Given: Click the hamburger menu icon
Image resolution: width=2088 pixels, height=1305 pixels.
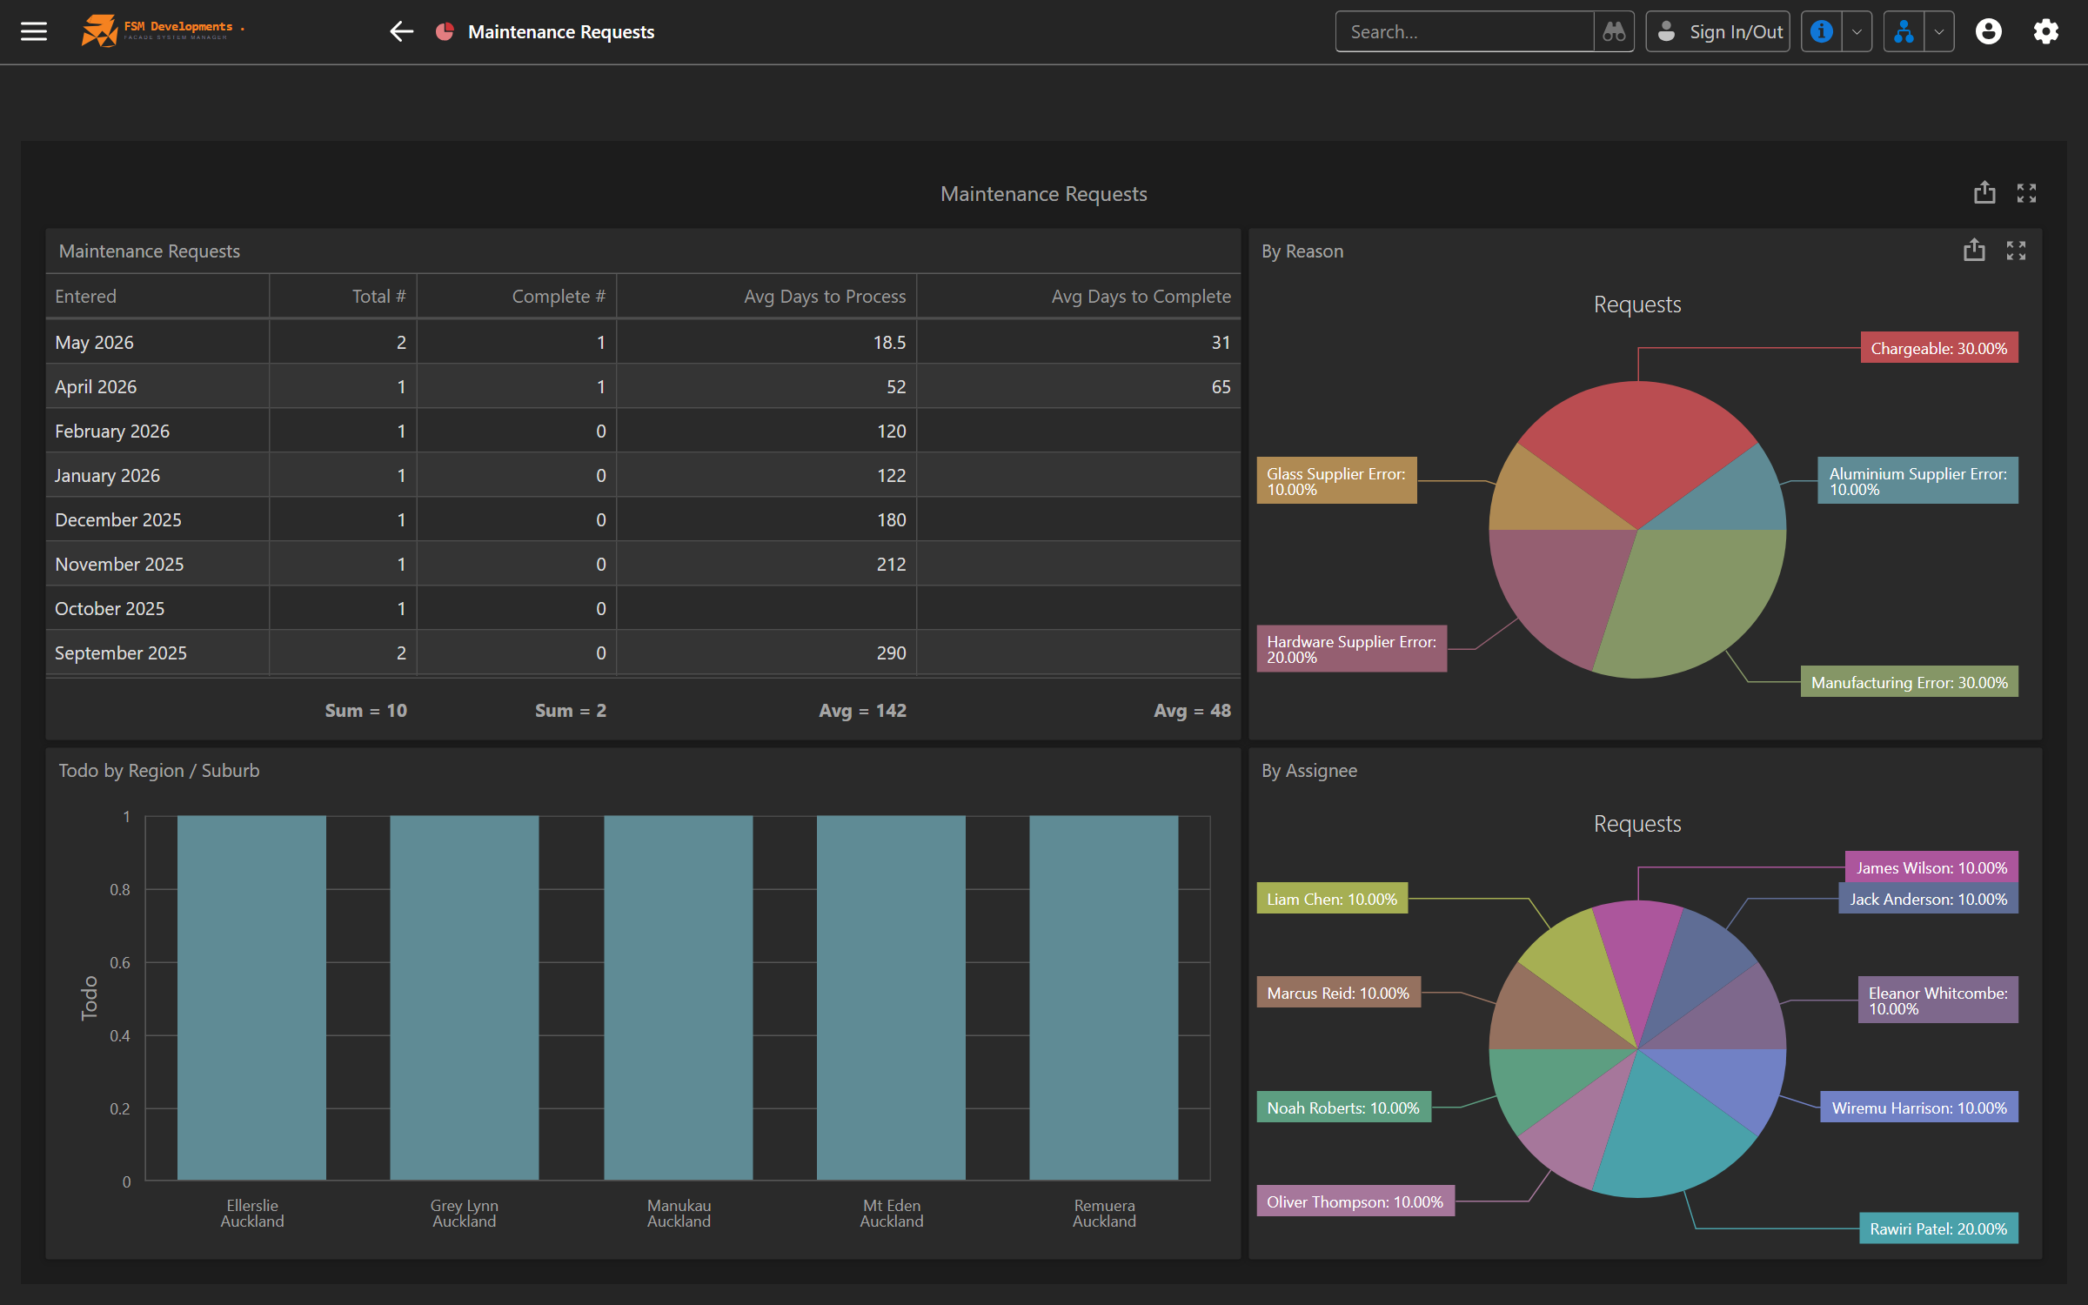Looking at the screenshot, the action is pos(34,32).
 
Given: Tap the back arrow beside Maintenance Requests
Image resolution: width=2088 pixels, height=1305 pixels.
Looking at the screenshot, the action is pos(401,32).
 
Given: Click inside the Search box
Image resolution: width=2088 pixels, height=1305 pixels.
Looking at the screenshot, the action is pos(1464,32).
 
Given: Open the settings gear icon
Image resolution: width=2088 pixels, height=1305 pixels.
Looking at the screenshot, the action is pos(2045,32).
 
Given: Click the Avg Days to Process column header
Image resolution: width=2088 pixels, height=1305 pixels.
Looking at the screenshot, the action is pos(824,297).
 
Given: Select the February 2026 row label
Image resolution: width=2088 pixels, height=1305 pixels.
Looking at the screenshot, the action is pos(112,432).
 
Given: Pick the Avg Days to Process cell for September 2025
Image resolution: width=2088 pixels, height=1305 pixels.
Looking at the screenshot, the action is pos(891,653).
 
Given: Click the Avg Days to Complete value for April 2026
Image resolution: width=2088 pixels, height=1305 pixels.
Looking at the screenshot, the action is pos(1221,387).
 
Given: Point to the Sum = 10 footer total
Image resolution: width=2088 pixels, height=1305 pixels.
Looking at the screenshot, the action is pos(365,711).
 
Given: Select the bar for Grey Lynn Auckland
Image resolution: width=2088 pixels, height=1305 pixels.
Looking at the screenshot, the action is pos(465,998).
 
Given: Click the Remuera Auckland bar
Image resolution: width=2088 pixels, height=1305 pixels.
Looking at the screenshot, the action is pos(1104,998).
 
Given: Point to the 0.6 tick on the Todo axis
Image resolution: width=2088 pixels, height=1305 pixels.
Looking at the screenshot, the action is pos(120,962).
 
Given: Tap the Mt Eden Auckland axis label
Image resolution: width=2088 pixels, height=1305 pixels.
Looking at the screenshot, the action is pos(892,1214).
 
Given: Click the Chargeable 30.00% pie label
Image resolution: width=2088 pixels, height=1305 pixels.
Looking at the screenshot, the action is pos(1939,348).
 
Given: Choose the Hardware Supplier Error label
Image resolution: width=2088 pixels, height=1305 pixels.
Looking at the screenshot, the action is pos(1352,649).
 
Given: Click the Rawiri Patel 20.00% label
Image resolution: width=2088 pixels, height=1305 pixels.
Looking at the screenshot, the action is pos(1938,1228).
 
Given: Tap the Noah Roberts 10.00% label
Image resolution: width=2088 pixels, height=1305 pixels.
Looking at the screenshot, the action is pos(1343,1108).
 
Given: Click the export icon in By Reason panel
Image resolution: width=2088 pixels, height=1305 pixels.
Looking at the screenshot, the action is pos(1974,251).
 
